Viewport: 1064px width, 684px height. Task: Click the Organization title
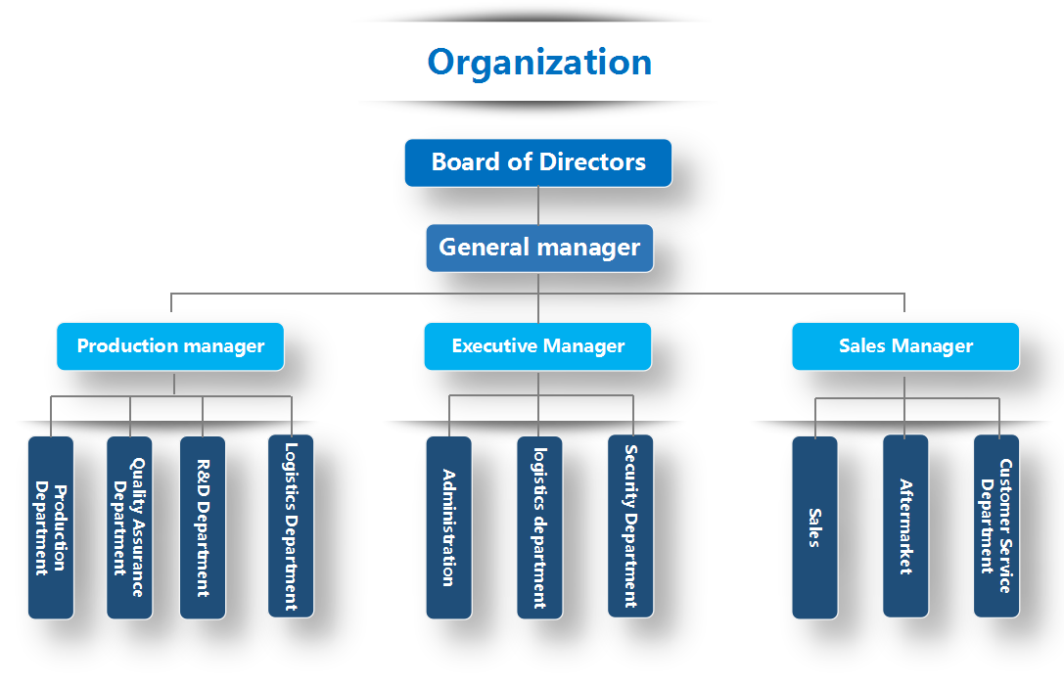[x=539, y=62]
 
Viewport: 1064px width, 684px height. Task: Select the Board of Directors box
[x=538, y=162]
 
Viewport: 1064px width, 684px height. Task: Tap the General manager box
[x=539, y=248]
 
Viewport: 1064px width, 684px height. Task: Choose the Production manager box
[x=170, y=346]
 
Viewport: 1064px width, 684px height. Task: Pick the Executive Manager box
[x=537, y=346]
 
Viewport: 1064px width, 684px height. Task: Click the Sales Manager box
[x=905, y=346]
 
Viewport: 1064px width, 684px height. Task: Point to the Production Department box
[x=51, y=527]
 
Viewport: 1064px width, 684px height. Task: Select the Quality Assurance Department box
[x=129, y=527]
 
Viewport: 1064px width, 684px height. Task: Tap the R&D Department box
[x=203, y=527]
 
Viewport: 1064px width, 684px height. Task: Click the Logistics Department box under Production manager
[x=291, y=526]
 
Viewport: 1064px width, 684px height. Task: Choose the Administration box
[x=448, y=527]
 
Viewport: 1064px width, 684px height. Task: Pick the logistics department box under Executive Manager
[x=539, y=527]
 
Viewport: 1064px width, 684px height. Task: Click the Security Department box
[x=630, y=526]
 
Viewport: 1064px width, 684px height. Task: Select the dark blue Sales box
[x=814, y=527]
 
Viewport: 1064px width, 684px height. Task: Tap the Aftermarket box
[x=905, y=526]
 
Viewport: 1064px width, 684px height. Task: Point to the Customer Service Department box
[x=996, y=526]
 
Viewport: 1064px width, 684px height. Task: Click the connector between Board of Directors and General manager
[x=538, y=205]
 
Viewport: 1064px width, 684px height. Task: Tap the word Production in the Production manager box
[x=125, y=346]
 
